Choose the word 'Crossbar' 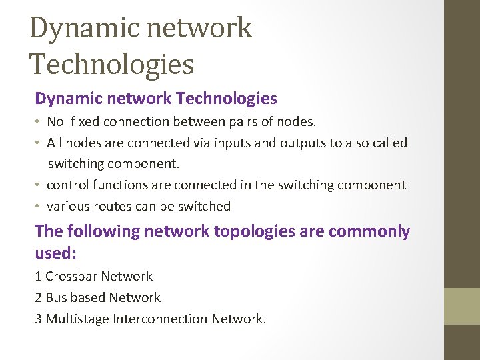click(71, 276)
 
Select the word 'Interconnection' click(160, 319)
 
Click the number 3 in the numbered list click(39, 319)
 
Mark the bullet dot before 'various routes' click(39, 206)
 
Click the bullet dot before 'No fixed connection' click(39, 121)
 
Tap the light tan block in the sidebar click(462, 306)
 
